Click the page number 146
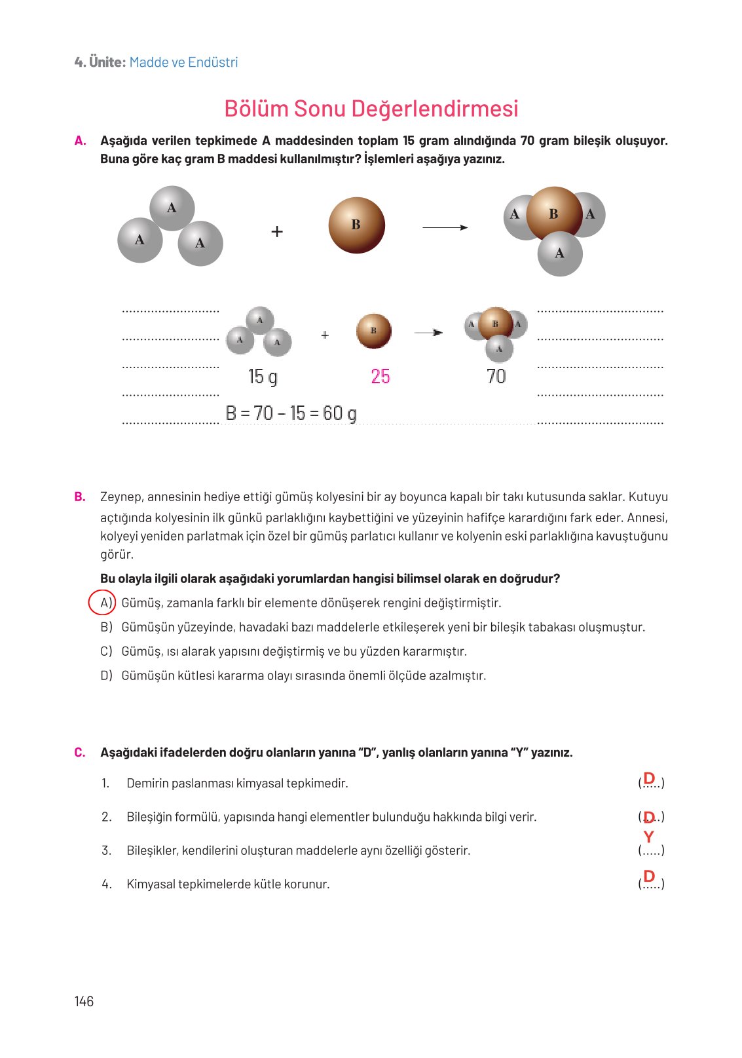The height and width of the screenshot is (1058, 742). (84, 1001)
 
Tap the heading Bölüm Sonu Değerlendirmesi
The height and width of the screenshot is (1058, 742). (371, 109)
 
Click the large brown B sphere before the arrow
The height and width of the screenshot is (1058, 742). (356, 225)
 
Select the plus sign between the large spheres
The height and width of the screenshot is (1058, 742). (277, 232)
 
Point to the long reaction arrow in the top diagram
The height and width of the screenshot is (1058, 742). (445, 227)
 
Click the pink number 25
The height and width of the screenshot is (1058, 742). (380, 377)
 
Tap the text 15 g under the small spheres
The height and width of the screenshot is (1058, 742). (262, 377)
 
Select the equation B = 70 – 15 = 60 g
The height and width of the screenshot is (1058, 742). (291, 413)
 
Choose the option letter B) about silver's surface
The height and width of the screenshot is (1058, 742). (106, 627)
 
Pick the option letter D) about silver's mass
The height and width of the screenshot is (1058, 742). (106, 675)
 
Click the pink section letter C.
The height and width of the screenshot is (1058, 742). (80, 752)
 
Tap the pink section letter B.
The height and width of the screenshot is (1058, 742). (80, 497)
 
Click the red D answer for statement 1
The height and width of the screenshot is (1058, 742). (649, 778)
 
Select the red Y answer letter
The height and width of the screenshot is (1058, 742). (648, 837)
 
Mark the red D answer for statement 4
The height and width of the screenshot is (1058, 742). (649, 876)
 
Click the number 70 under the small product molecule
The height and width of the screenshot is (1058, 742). (496, 377)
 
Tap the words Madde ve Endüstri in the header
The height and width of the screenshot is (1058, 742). (183, 62)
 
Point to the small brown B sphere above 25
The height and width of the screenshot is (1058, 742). (373, 331)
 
